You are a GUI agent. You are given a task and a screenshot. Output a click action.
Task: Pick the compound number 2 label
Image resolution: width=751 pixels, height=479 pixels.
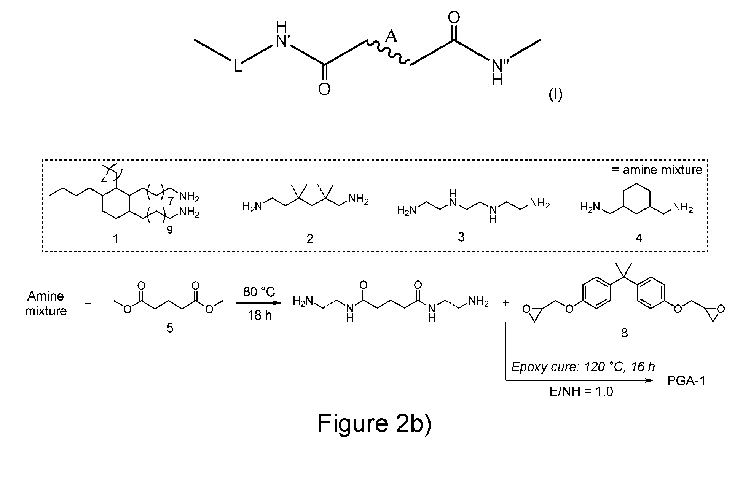pyautogui.click(x=309, y=239)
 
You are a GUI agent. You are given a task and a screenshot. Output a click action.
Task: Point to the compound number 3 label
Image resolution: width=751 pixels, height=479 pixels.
pyautogui.click(x=461, y=237)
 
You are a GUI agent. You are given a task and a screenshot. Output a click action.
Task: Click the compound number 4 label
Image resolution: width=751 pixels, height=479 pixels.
pyautogui.click(x=639, y=238)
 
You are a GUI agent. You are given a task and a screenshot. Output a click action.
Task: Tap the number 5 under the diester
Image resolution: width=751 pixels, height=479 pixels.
pyautogui.click(x=170, y=328)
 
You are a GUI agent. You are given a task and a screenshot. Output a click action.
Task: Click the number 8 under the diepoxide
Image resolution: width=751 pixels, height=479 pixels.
pyautogui.click(x=624, y=333)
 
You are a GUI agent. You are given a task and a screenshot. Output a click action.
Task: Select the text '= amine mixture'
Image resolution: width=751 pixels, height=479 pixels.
pyautogui.click(x=657, y=169)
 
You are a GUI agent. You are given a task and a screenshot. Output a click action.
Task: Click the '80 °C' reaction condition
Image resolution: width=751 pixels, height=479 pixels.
pyautogui.click(x=259, y=292)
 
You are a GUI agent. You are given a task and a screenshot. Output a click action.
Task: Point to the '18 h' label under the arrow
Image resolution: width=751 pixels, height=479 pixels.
pyautogui.click(x=260, y=315)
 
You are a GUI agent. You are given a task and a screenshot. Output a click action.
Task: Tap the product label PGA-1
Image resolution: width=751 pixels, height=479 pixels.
pyautogui.click(x=686, y=380)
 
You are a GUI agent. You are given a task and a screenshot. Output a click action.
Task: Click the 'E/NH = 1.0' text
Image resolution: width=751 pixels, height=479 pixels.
pyautogui.click(x=581, y=391)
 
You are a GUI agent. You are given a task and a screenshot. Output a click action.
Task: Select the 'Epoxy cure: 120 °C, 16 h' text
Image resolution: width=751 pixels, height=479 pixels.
pyautogui.click(x=583, y=367)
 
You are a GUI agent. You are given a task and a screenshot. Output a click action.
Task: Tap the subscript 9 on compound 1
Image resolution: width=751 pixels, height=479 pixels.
pyautogui.click(x=170, y=230)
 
